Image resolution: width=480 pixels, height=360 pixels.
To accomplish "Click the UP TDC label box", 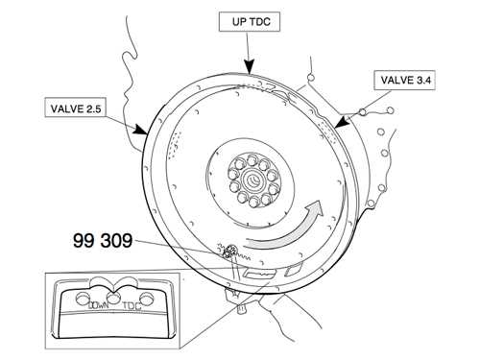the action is click(x=250, y=22).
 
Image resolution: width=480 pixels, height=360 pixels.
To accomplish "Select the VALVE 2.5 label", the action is click(x=76, y=108).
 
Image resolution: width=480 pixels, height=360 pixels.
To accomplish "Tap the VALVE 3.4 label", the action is click(x=404, y=80).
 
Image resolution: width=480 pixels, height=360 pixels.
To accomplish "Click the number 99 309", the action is click(x=103, y=240).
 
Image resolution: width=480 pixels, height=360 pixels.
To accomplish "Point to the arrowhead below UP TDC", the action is click(x=249, y=67).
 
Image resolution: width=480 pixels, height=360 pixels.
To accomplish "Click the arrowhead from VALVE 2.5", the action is click(x=141, y=129).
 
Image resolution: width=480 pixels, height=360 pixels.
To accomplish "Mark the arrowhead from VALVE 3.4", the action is click(x=341, y=122).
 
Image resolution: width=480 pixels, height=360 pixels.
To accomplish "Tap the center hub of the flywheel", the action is click(x=252, y=180).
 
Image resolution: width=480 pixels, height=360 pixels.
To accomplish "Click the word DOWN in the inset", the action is click(x=99, y=305).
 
